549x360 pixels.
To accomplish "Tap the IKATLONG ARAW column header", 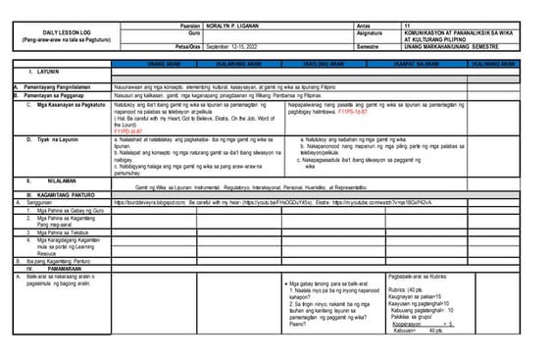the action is [318, 61].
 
